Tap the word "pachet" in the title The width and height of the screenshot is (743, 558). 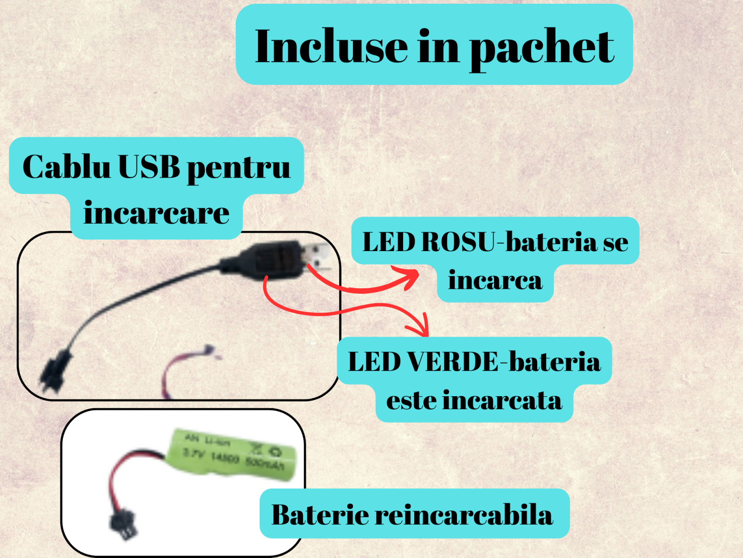[x=542, y=47]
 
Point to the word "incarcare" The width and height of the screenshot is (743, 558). [x=156, y=213]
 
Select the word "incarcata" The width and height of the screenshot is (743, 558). [x=502, y=400]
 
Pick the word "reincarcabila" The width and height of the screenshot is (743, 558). [x=464, y=515]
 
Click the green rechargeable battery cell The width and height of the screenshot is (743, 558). [x=235, y=453]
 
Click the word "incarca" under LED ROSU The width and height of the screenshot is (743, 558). [x=495, y=280]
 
